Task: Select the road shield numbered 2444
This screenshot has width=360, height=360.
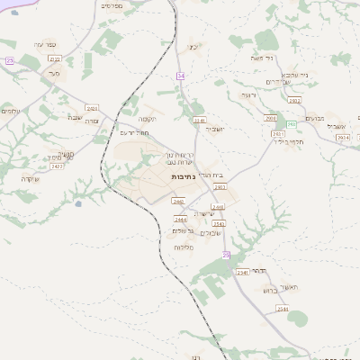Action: (181, 220)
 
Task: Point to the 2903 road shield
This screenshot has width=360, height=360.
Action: (220, 187)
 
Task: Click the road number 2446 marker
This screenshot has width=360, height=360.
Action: (218, 207)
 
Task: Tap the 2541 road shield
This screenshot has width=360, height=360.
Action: (241, 272)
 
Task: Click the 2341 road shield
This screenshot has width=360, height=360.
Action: (200, 119)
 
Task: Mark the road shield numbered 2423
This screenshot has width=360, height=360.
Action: (58, 166)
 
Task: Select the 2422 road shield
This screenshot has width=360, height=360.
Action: (93, 108)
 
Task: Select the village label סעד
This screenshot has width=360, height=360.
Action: (54, 74)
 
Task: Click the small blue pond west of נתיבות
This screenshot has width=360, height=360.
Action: (78, 203)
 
